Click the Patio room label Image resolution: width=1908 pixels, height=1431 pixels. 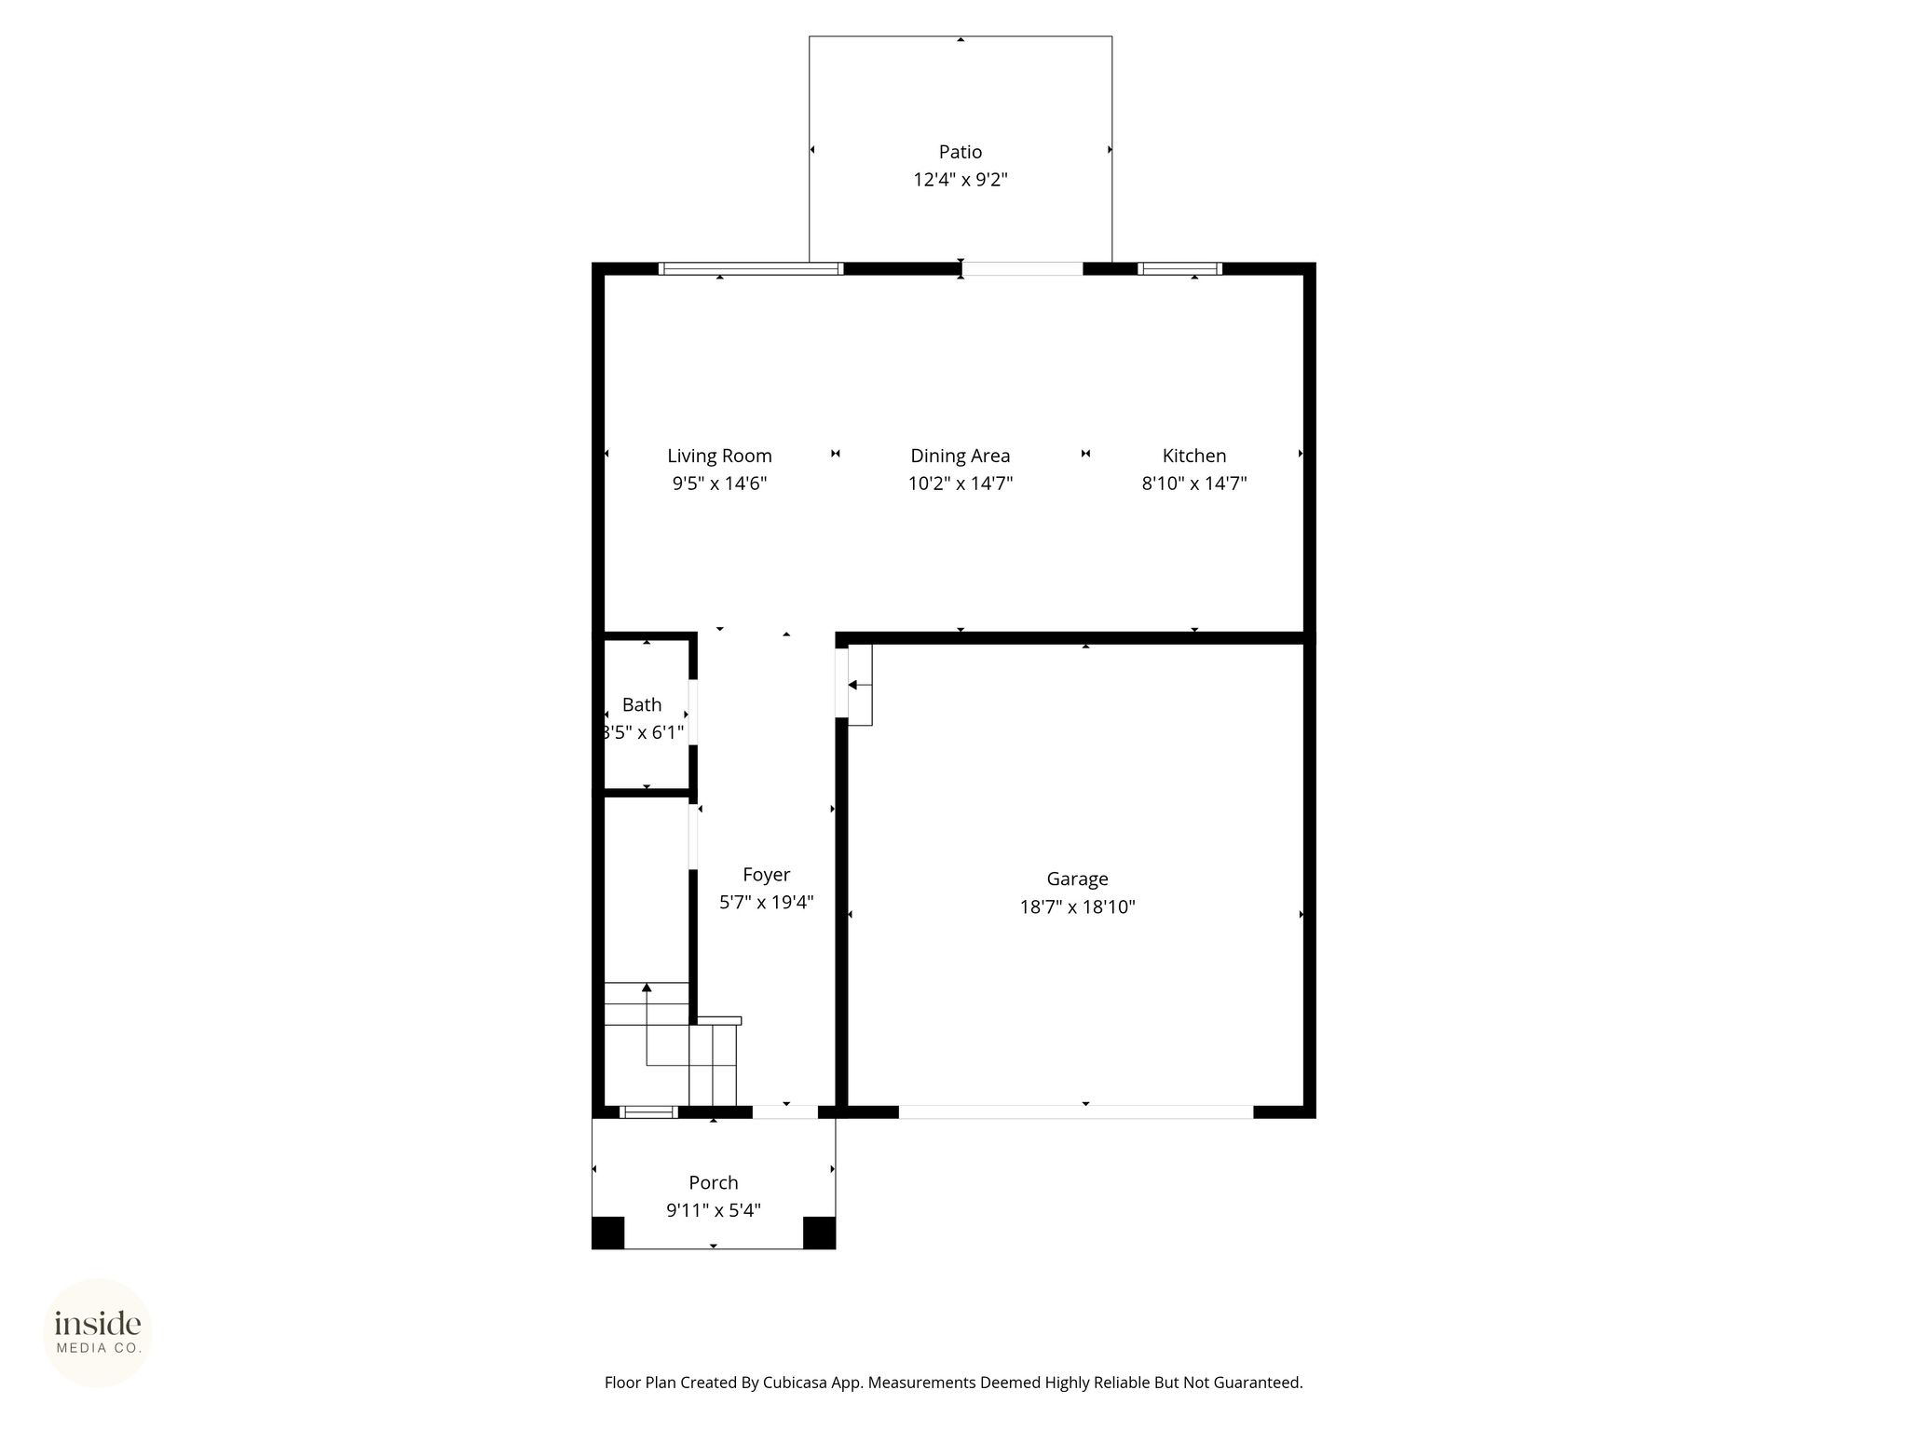[960, 152]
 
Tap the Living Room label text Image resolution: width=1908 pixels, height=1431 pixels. [719, 456]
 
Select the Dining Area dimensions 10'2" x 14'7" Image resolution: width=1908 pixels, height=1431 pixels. [961, 484]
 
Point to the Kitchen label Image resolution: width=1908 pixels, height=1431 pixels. [1194, 456]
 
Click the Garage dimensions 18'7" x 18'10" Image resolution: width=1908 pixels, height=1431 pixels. [1078, 906]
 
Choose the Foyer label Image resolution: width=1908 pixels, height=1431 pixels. [767, 875]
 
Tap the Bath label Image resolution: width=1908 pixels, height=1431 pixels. [642, 704]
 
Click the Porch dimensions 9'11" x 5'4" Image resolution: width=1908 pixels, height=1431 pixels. [714, 1210]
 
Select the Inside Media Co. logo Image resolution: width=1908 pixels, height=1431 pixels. [98, 1332]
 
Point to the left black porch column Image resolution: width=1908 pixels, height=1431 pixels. [608, 1233]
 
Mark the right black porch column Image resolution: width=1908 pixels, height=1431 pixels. [819, 1233]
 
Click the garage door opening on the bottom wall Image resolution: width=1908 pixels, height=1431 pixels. [1076, 1111]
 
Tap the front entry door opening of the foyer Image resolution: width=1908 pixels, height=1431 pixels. [784, 1111]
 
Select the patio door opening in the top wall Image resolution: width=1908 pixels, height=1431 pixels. [1022, 268]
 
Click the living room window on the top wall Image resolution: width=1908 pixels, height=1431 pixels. [751, 268]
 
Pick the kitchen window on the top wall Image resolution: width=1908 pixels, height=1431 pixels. [1179, 268]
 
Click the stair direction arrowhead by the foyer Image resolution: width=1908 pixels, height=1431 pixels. [647, 988]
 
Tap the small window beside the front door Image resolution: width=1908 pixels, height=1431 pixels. [648, 1111]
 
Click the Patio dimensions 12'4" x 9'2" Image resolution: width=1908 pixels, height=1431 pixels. [961, 180]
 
